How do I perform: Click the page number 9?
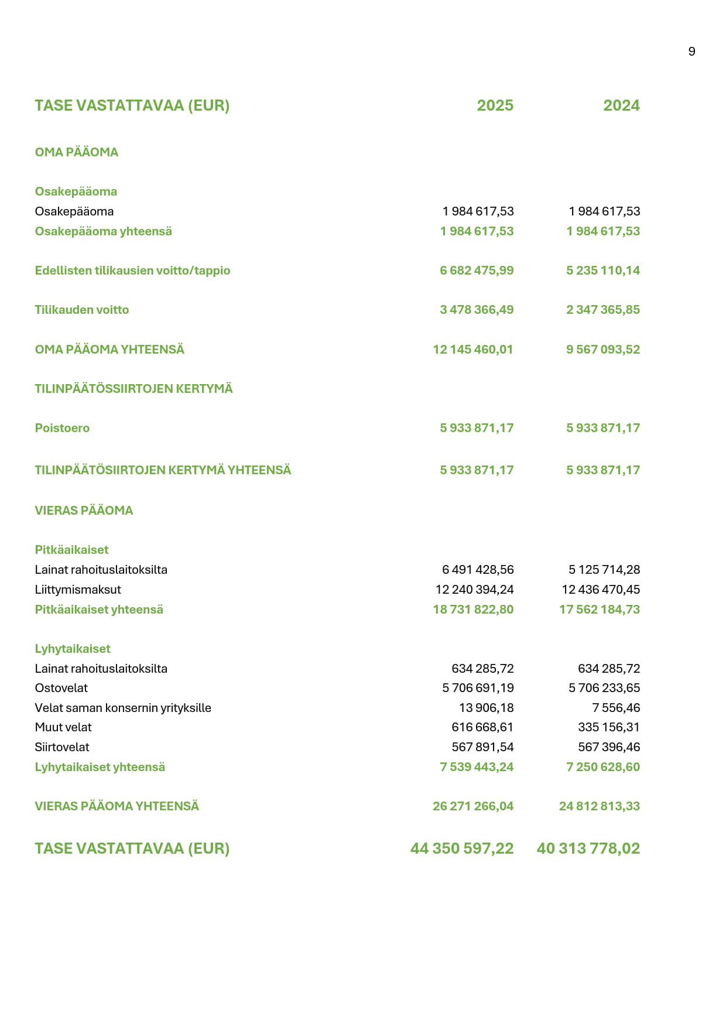691,52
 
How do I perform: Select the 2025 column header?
495,105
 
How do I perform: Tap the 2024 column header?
621,105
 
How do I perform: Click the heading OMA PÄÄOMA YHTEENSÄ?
109,350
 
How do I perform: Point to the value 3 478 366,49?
477,310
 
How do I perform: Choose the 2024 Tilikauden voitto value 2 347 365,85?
602,310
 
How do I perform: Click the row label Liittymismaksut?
78,590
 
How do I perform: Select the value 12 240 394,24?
474,590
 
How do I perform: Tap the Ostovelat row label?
61,688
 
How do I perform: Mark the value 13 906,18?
486,708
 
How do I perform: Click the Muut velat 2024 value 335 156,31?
608,727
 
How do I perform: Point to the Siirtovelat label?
62,747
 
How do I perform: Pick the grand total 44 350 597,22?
462,848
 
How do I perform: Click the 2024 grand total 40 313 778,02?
588,848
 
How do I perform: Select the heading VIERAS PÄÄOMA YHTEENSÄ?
117,806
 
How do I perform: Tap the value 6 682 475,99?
477,271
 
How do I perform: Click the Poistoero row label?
62,428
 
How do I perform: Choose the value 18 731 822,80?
473,610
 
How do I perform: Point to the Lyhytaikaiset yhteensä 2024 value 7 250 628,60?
602,767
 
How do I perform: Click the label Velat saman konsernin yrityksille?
123,708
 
